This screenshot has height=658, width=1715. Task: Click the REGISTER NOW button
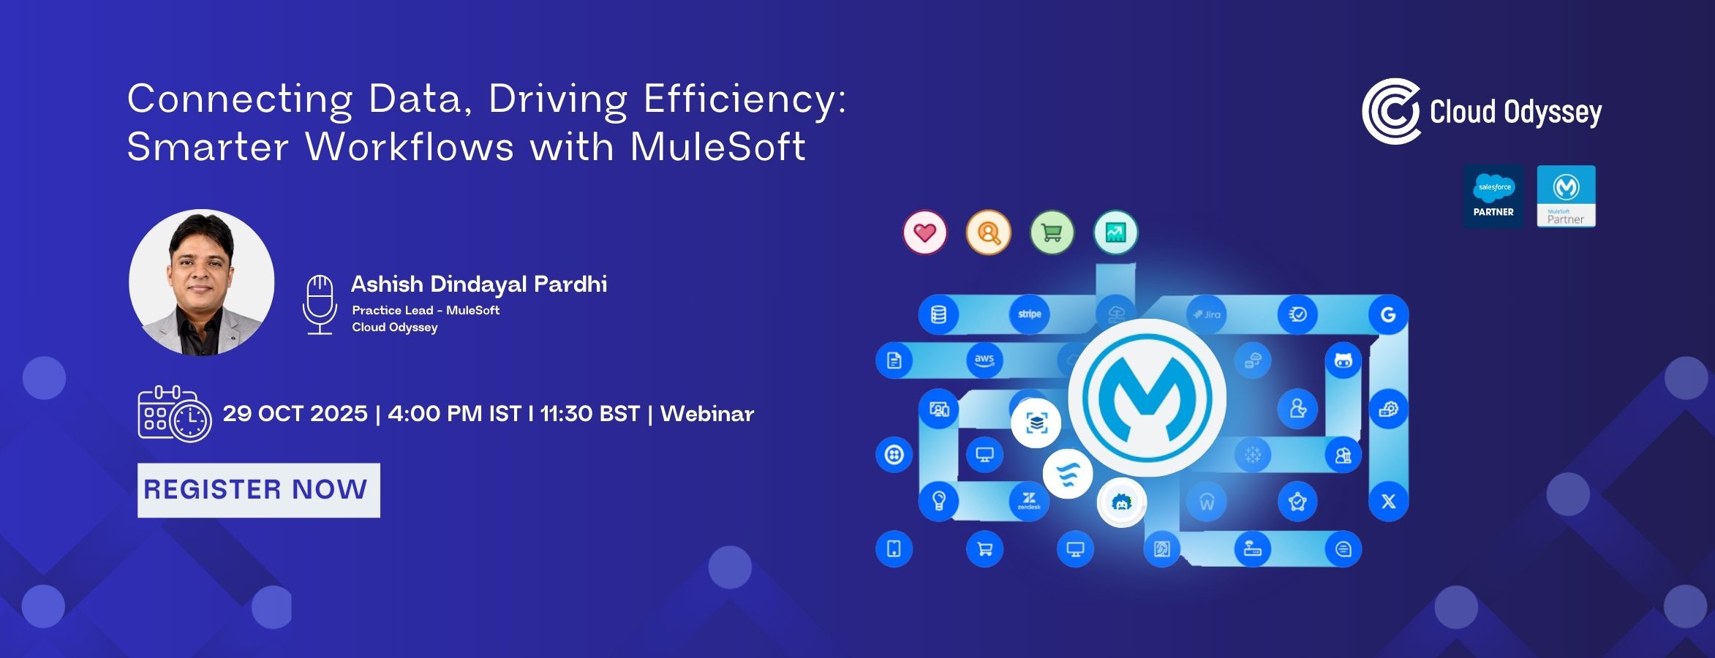(258, 490)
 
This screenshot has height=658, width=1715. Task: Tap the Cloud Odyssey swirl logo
(1391, 111)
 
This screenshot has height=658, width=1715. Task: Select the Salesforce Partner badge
(1493, 197)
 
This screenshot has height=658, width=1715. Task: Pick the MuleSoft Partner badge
(1566, 197)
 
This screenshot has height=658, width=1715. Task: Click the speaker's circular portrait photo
(202, 283)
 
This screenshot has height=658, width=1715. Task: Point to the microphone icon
(320, 304)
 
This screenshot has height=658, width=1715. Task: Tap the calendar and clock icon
(174, 414)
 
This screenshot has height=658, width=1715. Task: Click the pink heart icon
(925, 233)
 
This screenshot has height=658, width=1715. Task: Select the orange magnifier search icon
(989, 233)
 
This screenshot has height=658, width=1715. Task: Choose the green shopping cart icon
(1052, 233)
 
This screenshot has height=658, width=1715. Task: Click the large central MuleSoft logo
(1147, 398)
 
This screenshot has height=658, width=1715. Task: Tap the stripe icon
(1030, 314)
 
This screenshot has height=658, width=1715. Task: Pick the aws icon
(984, 360)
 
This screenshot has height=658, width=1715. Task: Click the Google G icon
(1388, 314)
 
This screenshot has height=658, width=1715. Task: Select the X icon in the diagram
(1388, 502)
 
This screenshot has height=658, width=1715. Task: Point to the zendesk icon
(1029, 501)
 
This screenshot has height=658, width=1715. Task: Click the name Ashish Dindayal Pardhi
(479, 284)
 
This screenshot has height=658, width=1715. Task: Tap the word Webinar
(706, 414)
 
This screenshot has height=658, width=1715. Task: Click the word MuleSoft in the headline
(717, 146)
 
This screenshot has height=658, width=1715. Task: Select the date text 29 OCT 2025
(295, 414)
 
